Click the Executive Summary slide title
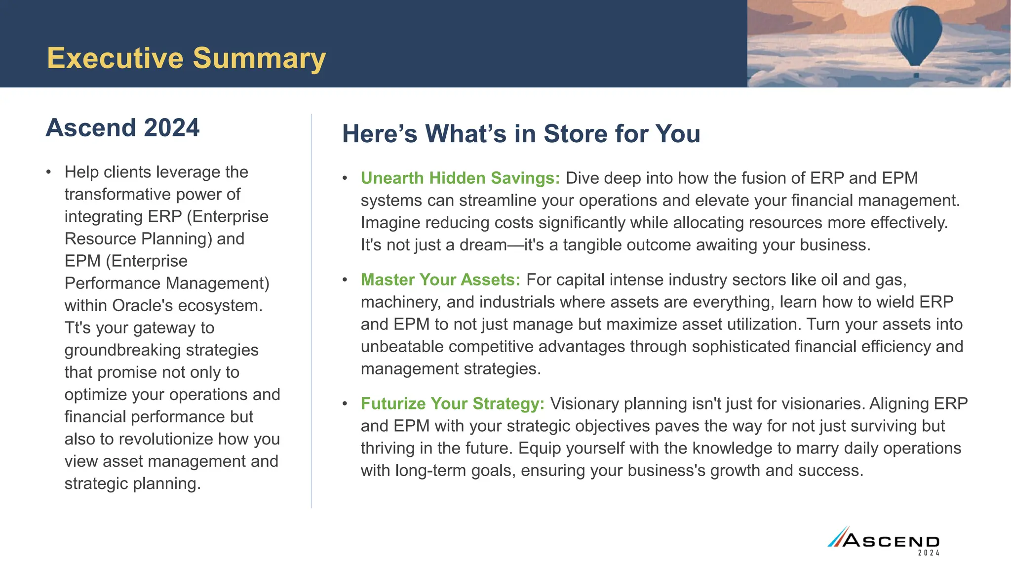click(x=186, y=59)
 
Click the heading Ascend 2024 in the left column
click(x=122, y=128)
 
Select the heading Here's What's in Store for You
click(x=521, y=134)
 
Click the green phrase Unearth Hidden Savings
click(x=460, y=178)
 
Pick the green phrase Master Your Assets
click(x=440, y=280)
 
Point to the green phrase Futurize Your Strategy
click(x=452, y=404)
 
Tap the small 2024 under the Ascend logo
click(x=929, y=553)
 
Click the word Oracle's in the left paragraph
click(x=143, y=306)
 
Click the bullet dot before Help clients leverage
click(x=48, y=172)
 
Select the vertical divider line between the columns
click(x=311, y=311)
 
